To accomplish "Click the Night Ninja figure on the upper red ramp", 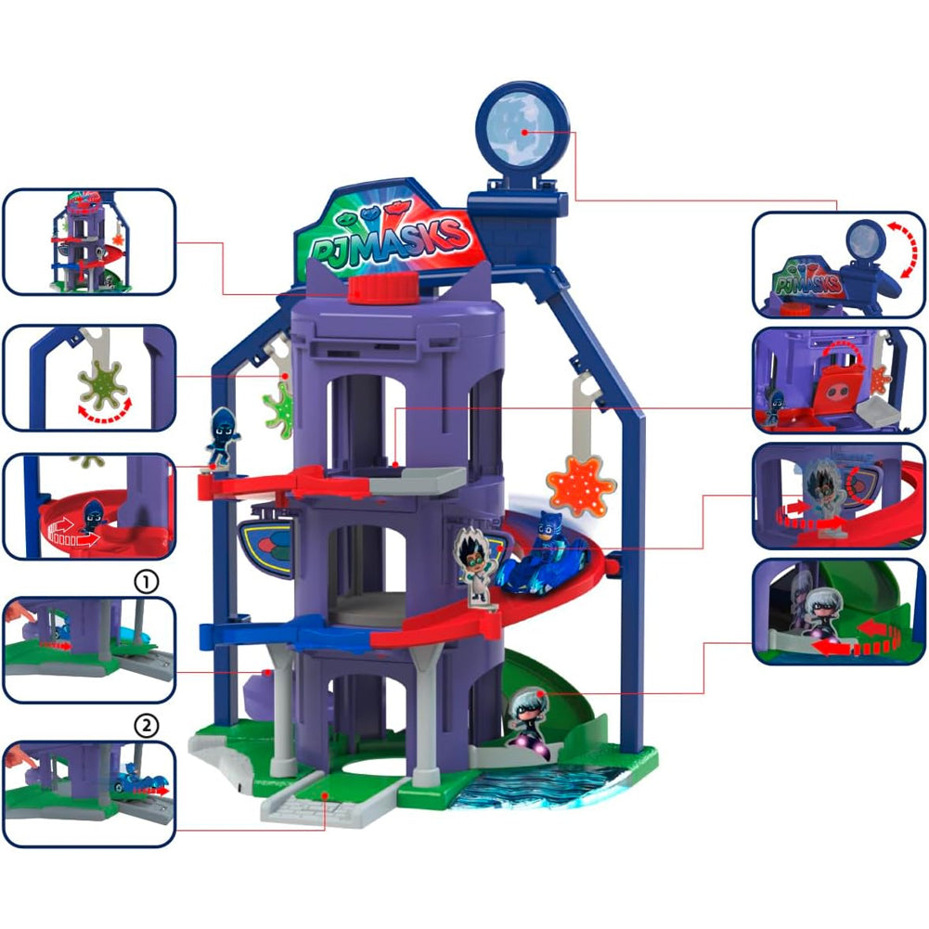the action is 223,437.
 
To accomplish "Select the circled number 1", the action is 147,582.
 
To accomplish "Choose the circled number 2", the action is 147,726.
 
